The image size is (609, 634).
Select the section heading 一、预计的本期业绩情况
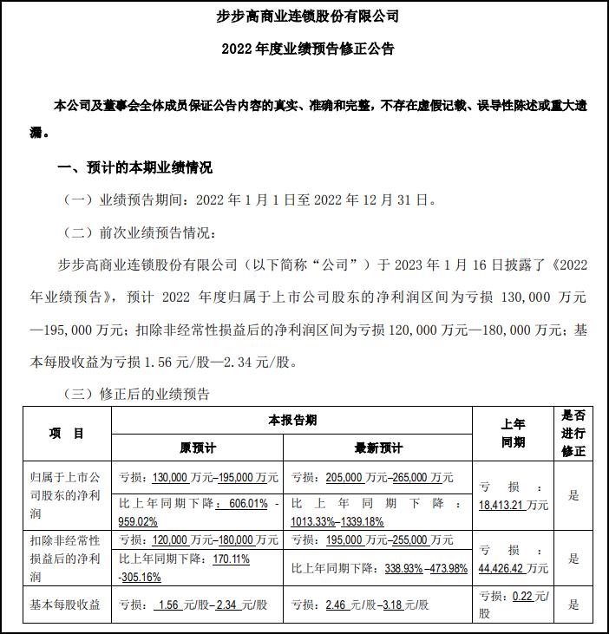point(134,167)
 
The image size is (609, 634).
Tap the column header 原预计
point(197,448)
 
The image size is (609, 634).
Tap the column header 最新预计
point(378,448)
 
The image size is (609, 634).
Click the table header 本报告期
point(291,421)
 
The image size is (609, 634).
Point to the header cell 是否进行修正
point(573,434)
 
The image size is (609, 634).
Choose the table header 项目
point(67,434)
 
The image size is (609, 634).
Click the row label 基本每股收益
point(67,605)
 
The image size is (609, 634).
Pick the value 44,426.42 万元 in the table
point(514,568)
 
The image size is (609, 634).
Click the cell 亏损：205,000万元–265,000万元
point(372,477)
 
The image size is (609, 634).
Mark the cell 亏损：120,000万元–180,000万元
point(198,539)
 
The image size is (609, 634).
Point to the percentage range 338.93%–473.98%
point(425,568)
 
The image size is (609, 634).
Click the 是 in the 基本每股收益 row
point(573,605)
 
